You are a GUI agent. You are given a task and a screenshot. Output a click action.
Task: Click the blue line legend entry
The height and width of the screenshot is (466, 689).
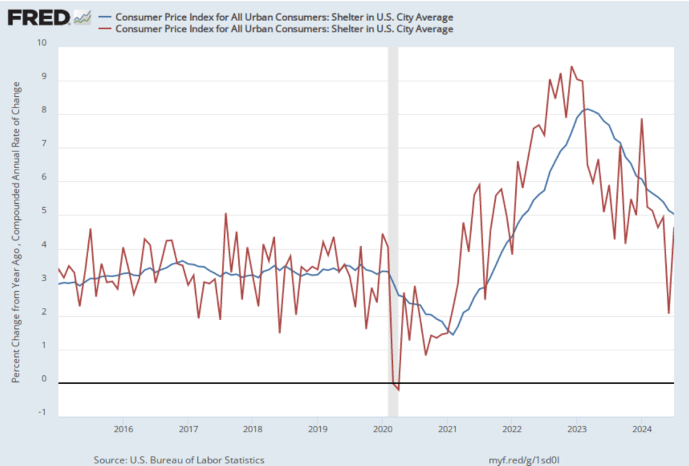coord(283,16)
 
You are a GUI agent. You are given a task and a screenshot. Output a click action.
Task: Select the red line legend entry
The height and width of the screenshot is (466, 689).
coord(283,29)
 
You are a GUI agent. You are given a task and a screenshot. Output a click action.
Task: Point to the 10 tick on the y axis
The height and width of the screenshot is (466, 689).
coord(44,44)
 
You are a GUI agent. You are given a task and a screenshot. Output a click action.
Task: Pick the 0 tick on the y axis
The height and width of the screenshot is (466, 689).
coord(45,379)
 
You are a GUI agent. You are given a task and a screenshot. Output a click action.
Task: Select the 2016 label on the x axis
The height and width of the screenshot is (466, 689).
coord(122,428)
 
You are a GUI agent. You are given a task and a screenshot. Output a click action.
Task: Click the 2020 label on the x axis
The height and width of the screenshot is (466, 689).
coord(382,428)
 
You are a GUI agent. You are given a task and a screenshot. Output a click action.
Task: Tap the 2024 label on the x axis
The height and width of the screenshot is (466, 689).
coord(641,428)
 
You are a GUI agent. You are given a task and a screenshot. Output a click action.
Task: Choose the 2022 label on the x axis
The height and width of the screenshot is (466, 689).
coord(512,428)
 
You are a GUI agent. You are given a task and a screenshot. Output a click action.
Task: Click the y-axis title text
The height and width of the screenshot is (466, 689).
coord(16,232)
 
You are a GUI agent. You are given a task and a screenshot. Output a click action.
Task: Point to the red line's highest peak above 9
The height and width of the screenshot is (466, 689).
coord(571,67)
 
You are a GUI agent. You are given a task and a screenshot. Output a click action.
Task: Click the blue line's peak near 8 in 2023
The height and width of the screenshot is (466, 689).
coord(587,109)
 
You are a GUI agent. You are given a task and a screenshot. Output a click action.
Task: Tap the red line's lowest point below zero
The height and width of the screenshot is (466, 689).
coord(398,389)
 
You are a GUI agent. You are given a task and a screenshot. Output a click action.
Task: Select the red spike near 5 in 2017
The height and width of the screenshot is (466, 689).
coord(225,213)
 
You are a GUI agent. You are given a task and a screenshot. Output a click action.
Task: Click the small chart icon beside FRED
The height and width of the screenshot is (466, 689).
coord(82,17)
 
